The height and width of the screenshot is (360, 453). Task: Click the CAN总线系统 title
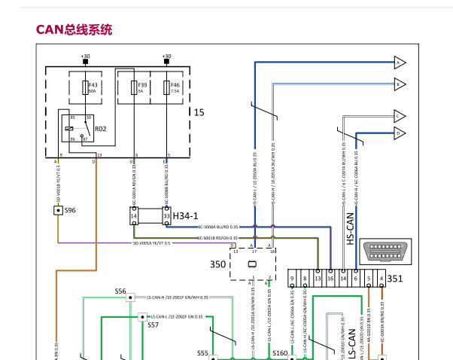click(x=74, y=29)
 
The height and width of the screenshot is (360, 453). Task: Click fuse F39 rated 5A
click(x=135, y=87)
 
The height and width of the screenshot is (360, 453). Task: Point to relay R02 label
click(x=100, y=129)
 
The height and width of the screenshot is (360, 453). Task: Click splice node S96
click(x=59, y=210)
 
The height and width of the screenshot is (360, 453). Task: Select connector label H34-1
click(x=187, y=216)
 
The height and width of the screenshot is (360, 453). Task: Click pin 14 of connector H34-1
click(x=135, y=217)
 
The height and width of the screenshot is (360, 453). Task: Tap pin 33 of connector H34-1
click(x=166, y=217)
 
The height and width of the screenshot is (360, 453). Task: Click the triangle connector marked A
click(x=399, y=63)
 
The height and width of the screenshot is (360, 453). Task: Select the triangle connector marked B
click(x=399, y=84)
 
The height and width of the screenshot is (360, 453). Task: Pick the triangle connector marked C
click(x=399, y=116)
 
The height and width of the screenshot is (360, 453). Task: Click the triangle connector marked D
click(x=399, y=133)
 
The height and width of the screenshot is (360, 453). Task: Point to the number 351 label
click(x=395, y=278)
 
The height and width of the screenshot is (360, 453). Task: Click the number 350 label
click(x=217, y=264)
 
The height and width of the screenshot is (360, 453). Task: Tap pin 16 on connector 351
click(x=330, y=279)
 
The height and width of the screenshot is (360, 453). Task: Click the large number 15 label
click(x=199, y=111)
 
